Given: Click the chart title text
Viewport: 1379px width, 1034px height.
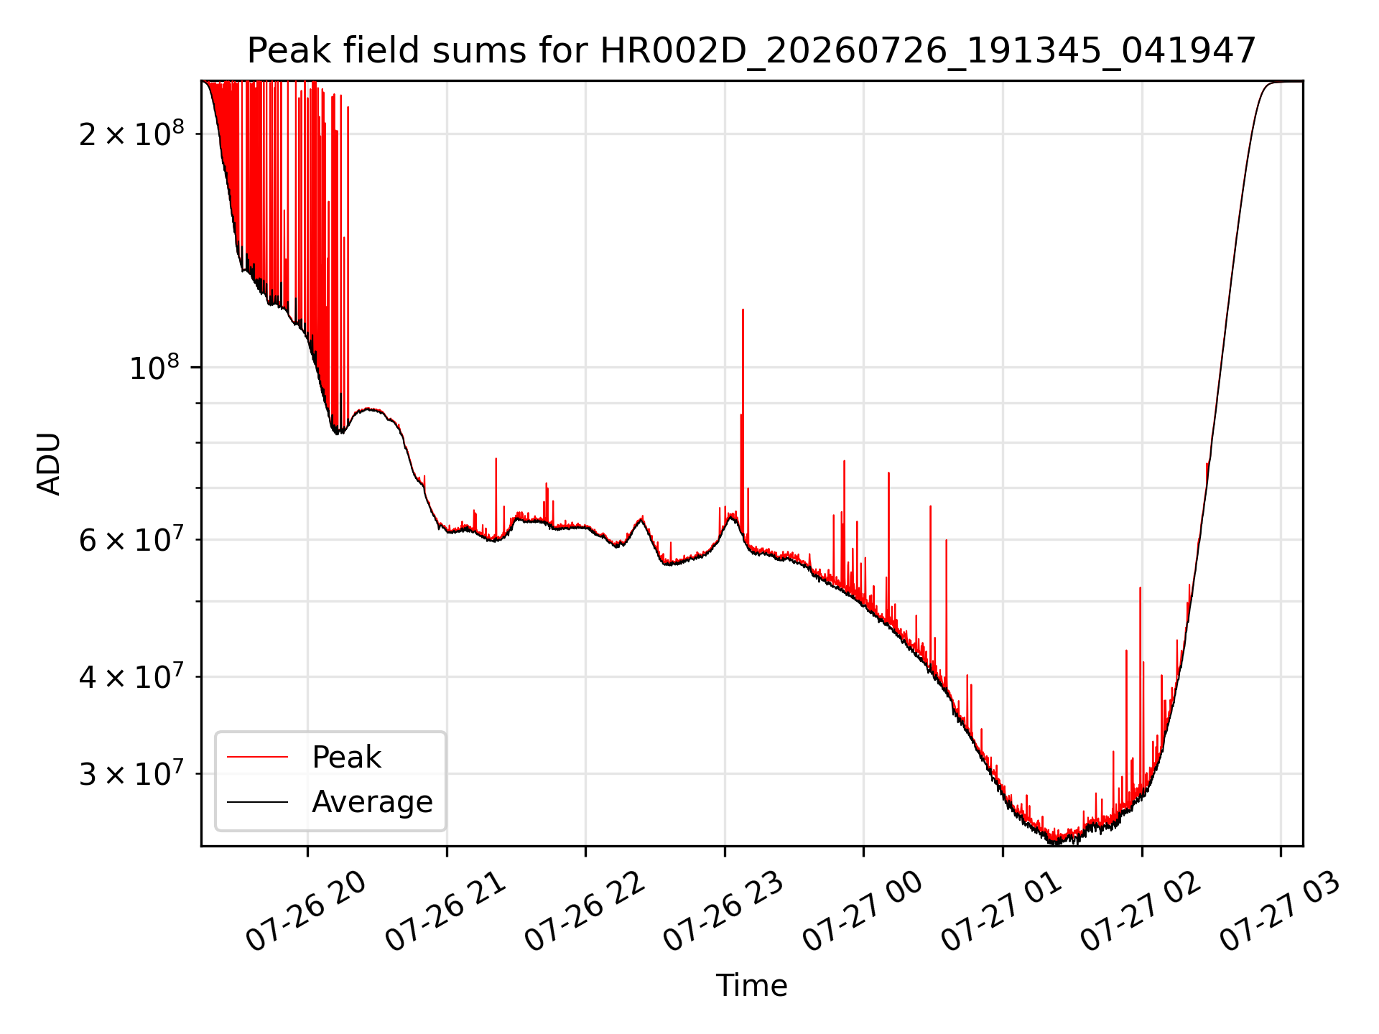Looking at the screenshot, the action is tap(751, 51).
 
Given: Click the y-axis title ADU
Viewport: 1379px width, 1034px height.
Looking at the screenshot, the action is tap(49, 464).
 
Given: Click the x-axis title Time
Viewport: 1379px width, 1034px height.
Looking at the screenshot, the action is tap(751, 985).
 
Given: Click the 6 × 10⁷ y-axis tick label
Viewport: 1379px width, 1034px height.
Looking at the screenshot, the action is tap(131, 539).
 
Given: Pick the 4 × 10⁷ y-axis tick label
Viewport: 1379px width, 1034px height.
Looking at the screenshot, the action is tap(131, 676).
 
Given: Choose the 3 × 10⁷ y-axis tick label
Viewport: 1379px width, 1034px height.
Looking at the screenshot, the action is tap(131, 773).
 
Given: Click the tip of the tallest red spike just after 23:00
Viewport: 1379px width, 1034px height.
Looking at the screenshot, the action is tap(743, 309).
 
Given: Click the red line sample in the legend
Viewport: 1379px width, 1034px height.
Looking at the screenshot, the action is tap(257, 757).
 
